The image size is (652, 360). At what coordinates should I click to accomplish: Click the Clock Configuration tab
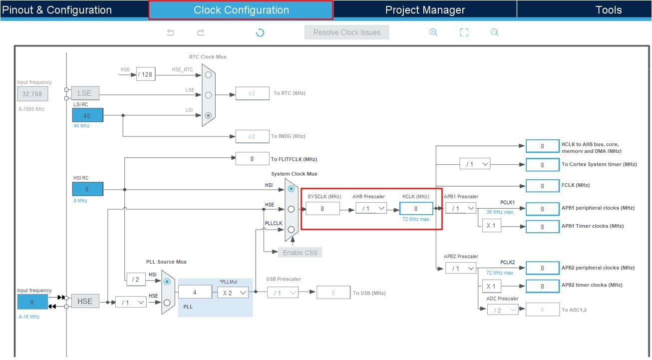241,10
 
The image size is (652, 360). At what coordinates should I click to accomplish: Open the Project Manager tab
425,10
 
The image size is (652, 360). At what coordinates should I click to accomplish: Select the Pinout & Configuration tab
57,10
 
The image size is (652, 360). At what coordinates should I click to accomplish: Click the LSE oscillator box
85,93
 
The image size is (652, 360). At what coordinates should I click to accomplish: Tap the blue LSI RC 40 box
87,115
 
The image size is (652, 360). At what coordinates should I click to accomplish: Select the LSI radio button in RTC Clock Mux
208,115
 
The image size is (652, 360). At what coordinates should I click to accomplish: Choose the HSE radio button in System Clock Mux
291,209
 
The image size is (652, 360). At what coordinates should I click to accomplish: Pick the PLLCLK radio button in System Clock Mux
291,229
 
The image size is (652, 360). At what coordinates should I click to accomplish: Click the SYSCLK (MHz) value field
323,209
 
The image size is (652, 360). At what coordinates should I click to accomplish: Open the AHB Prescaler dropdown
371,208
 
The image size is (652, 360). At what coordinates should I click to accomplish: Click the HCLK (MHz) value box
416,209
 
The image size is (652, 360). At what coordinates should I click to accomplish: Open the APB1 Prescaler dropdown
461,208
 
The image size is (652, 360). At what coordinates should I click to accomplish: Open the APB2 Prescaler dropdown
461,268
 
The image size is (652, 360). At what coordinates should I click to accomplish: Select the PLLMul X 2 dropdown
233,293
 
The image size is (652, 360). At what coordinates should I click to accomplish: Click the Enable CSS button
300,252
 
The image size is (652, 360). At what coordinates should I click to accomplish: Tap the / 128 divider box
146,74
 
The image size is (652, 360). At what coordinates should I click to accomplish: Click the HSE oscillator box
85,301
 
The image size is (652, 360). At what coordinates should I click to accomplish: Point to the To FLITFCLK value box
252,159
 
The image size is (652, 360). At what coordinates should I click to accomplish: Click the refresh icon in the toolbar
260,32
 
